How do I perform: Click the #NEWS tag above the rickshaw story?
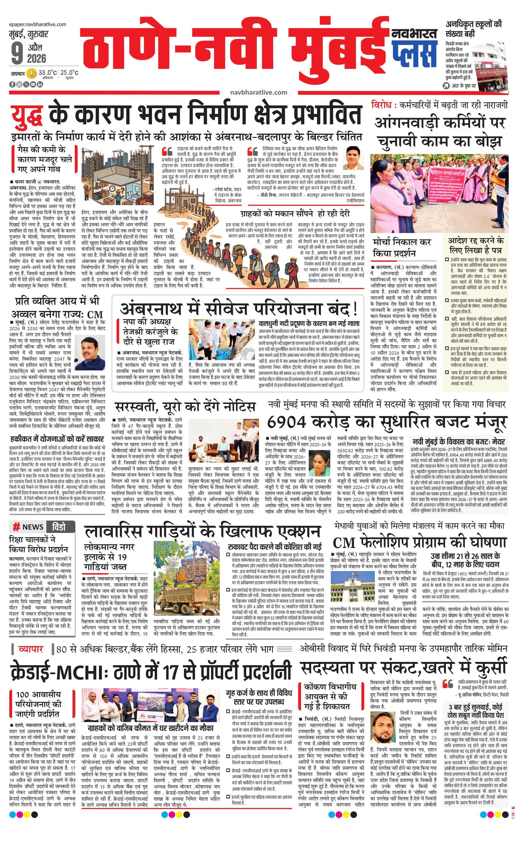28,527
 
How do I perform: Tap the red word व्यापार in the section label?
31,649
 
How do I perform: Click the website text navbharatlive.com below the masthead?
259,92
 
